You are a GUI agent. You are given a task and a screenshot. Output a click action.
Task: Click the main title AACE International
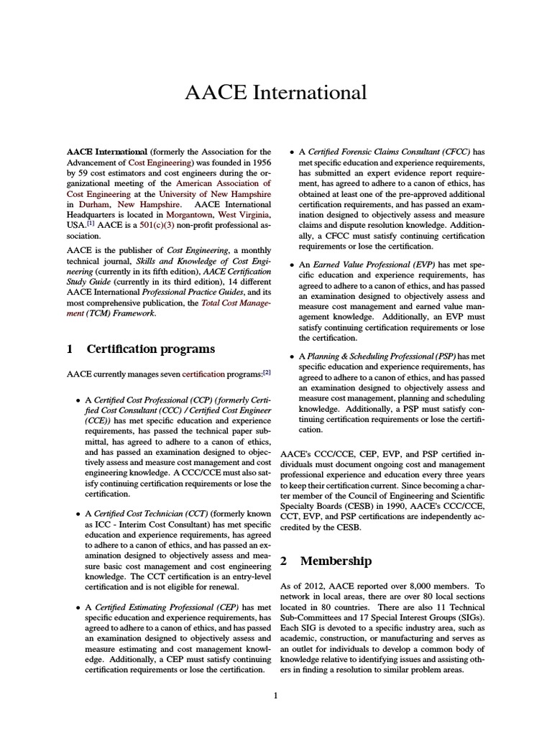276,93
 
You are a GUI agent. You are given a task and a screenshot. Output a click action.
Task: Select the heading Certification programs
150,349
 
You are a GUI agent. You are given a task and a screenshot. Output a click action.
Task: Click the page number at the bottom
275,695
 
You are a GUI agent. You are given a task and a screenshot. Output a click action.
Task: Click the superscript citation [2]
267,373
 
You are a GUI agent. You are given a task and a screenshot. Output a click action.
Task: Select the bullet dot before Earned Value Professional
290,265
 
